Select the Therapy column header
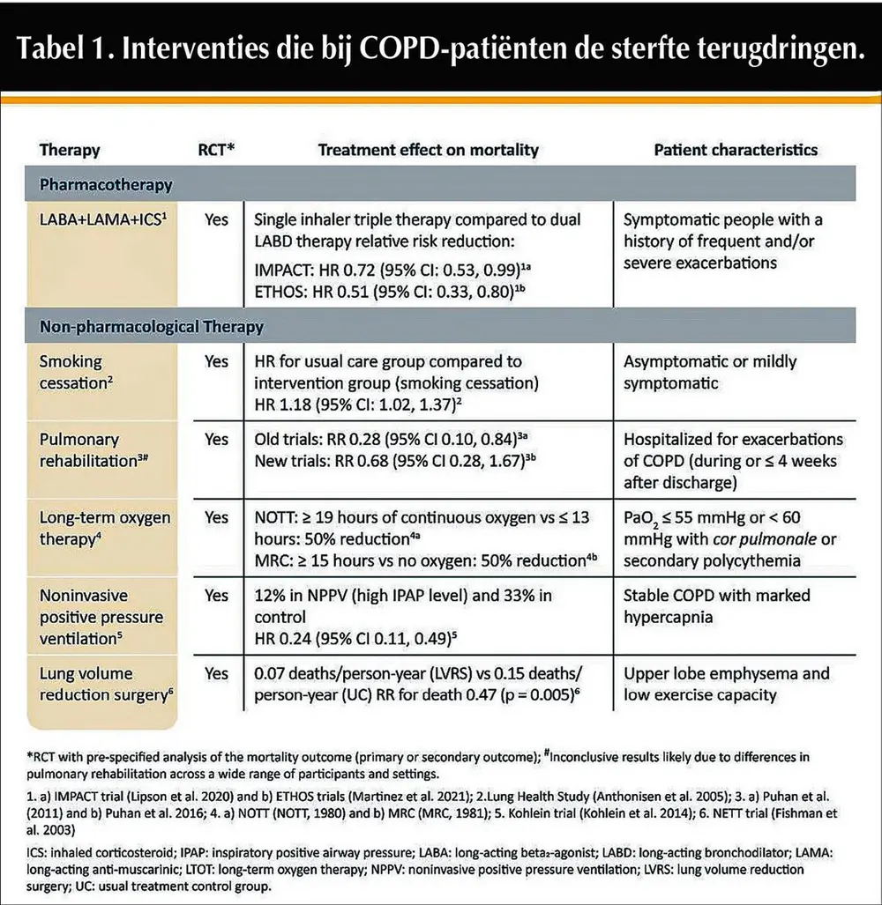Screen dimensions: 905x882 (x=70, y=150)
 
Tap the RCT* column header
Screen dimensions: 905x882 (x=214, y=150)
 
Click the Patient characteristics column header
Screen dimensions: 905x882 (x=736, y=150)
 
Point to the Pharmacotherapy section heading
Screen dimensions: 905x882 (x=106, y=185)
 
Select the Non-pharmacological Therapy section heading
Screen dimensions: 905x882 (x=151, y=327)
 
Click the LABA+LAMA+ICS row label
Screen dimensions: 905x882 (x=101, y=220)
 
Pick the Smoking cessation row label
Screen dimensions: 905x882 (x=71, y=371)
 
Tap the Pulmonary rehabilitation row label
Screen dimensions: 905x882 (x=88, y=449)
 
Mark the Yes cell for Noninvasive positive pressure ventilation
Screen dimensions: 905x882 (x=216, y=596)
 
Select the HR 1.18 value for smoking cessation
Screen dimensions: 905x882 (x=282, y=406)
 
